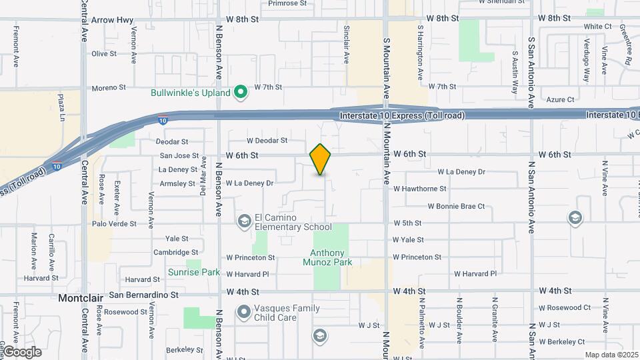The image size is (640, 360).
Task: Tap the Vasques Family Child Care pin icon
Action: point(244,311)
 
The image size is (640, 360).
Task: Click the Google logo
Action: point(22,351)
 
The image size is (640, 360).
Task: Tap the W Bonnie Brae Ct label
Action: point(456,206)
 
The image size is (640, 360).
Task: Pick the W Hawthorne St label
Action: point(419,189)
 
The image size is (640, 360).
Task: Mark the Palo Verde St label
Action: point(114,224)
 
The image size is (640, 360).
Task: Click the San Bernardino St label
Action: point(145,294)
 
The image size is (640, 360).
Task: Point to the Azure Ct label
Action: point(560,100)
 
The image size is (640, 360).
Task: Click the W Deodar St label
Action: point(267,141)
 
